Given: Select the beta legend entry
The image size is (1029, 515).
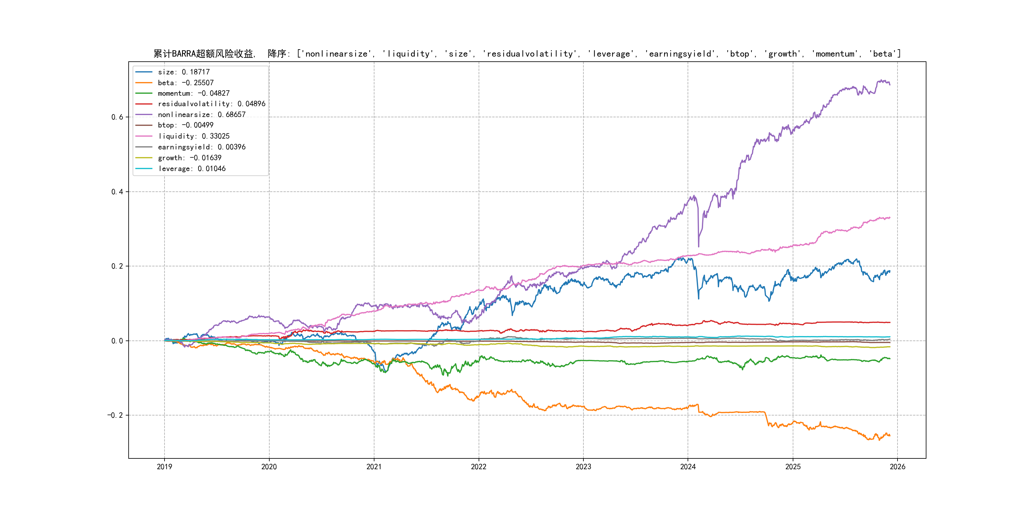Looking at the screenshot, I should click(x=185, y=83).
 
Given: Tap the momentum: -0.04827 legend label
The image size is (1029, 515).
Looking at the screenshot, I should click(x=193, y=93).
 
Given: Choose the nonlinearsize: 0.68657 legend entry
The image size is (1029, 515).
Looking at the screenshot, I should click(x=201, y=115).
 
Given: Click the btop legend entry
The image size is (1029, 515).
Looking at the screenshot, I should click(x=185, y=125).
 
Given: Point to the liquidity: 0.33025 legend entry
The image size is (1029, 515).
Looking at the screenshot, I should click(x=193, y=136).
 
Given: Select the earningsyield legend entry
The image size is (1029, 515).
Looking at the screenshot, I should click(x=201, y=147).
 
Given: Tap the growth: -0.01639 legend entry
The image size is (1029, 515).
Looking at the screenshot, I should click(x=189, y=158).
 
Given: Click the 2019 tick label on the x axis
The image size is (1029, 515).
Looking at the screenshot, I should click(x=164, y=467).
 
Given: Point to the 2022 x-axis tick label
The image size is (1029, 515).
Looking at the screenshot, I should click(x=479, y=467).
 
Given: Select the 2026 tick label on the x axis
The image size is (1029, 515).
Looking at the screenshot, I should click(x=898, y=467).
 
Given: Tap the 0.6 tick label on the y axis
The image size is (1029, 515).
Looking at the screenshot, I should click(x=117, y=117).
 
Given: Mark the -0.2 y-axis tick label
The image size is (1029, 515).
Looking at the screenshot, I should click(x=115, y=415).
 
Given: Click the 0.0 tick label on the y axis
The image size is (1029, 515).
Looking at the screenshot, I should click(x=117, y=341).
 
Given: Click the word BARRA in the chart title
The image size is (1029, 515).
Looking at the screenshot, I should click(x=183, y=54).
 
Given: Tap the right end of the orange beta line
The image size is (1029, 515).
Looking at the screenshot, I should click(x=890, y=436).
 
